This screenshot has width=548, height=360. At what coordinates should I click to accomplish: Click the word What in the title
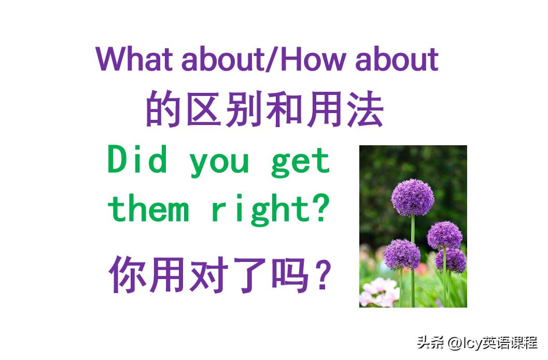coord(134,59)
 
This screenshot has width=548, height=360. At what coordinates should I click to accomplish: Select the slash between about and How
coord(273,59)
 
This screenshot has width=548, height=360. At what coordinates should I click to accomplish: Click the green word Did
coord(137,160)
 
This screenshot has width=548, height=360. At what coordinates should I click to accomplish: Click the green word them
coord(148,209)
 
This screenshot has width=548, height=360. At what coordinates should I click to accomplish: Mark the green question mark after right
coord(322,208)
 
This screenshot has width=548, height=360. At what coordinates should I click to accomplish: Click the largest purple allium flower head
coord(412,197)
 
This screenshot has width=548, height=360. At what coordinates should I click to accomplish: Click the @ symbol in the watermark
coord(455,343)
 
